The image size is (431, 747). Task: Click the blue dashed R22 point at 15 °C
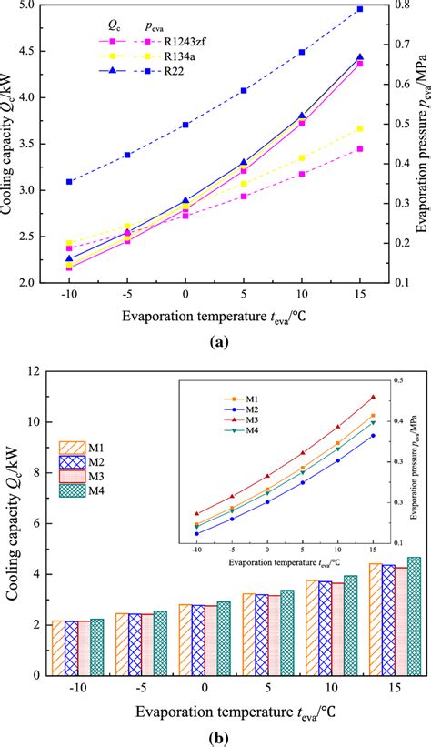click(x=360, y=9)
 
